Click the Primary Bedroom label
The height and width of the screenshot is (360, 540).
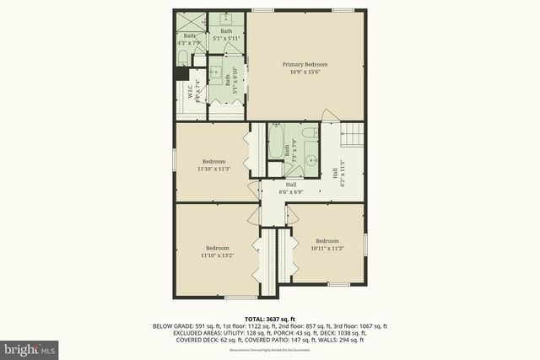pos(305,64)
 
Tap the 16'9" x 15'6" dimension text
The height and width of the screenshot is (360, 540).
pos(305,72)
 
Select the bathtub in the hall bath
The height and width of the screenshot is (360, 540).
pos(276,143)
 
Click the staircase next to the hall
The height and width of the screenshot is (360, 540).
pos(352,132)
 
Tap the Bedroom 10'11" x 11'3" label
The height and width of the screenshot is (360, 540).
pos(327,244)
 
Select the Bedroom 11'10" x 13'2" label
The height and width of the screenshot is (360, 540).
pos(217,251)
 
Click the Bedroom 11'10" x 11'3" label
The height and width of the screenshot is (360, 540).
pos(213,164)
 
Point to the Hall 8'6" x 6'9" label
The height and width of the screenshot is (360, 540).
pos(290,188)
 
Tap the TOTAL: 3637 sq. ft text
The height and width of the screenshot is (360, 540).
pos(269,319)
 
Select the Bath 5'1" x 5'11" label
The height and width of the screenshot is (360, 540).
pos(226,35)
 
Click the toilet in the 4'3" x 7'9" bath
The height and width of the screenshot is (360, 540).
pos(183,57)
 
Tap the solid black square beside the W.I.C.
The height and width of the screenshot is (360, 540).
pos(181,73)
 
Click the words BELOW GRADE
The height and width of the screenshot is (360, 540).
pos(172,326)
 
